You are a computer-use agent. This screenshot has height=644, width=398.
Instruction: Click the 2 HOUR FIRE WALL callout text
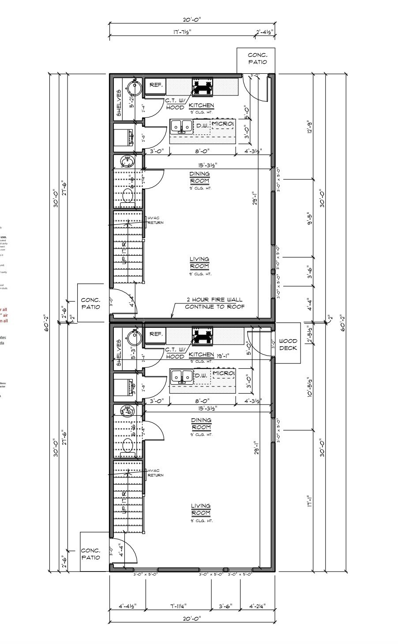coord(214,303)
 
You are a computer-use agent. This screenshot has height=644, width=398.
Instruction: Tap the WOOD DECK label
coord(288,345)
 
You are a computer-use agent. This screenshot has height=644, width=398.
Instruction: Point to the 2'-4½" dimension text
coord(265,31)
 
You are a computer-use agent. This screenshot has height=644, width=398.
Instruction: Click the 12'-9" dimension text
coord(310,126)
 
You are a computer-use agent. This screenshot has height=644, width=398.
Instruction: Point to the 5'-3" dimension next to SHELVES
coord(132,353)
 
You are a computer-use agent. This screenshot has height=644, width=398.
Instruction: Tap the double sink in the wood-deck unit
coord(182,376)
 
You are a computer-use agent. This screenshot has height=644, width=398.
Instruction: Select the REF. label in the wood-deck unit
coord(156,334)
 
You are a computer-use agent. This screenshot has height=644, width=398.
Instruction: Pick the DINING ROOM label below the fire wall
coord(201,424)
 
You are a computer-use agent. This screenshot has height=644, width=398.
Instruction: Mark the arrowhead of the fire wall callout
coord(171,317)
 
